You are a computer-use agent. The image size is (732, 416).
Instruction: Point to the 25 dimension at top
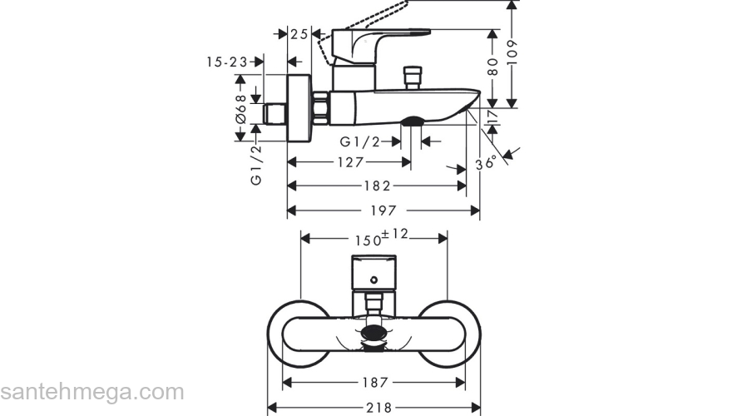pos(299,34)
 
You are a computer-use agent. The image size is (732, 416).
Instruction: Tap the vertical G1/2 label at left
pos(256,165)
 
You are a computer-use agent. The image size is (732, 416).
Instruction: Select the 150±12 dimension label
pos(382,237)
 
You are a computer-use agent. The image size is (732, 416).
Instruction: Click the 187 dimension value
pos(374,383)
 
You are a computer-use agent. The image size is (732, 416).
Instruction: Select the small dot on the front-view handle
pos(374,280)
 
